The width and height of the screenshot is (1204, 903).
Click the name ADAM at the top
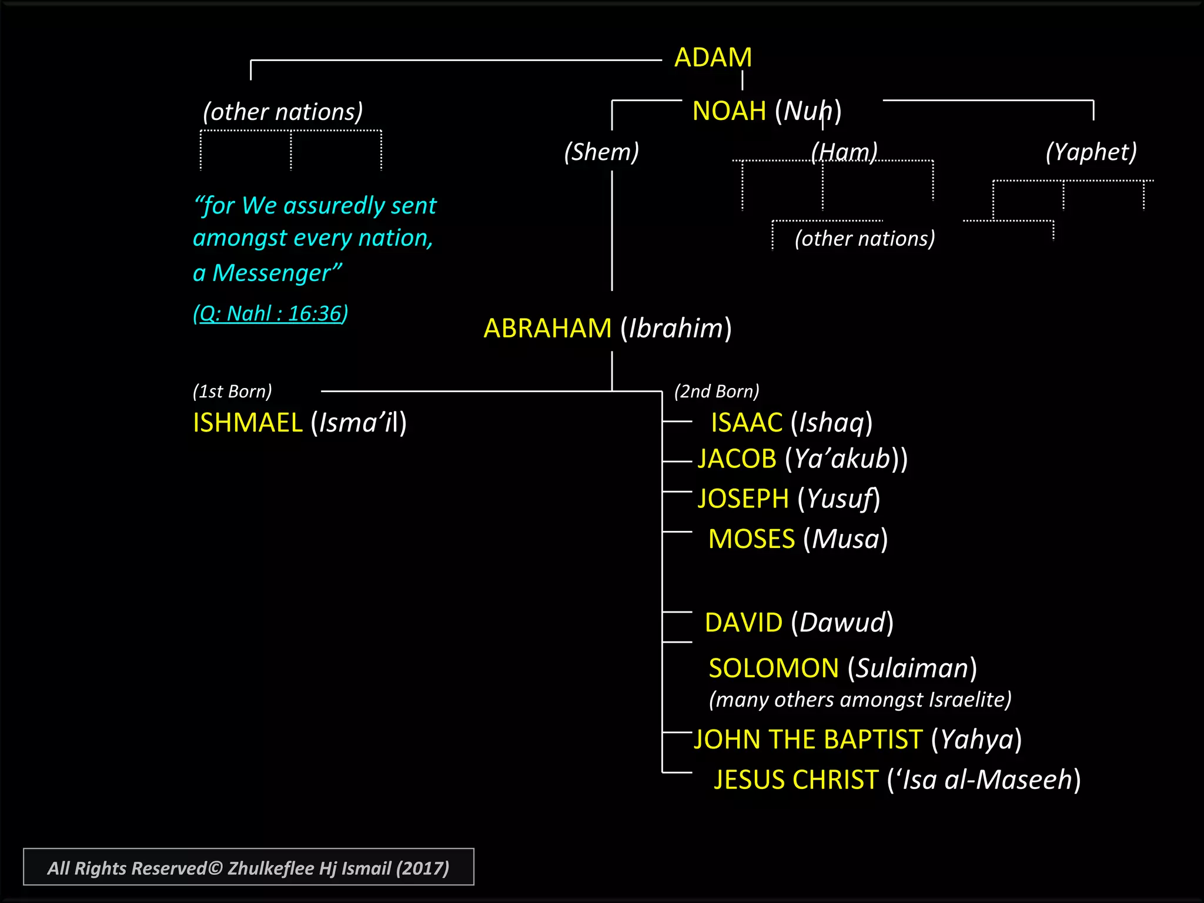713,58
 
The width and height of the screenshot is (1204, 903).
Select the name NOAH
729,111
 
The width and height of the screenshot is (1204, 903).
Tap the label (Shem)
601,152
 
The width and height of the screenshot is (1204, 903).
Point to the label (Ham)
844,152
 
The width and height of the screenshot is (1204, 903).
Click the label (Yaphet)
1091,152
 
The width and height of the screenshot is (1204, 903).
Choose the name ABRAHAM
547,328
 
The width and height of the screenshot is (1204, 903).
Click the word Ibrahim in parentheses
676,328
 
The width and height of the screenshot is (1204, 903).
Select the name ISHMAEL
248,423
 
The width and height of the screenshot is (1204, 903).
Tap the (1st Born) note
232,391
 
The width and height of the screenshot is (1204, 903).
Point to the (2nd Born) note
716,391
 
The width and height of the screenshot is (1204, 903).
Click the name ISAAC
746,423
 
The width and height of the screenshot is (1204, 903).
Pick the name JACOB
737,459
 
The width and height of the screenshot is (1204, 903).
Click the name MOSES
751,539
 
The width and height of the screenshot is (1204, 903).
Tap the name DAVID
743,623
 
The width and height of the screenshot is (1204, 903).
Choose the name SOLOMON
773,668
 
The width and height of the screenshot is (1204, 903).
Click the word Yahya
977,740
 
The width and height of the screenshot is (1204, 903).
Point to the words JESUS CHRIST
796,780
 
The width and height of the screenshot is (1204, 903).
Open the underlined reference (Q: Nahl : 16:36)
270,313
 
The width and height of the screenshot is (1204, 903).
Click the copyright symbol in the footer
215,868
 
